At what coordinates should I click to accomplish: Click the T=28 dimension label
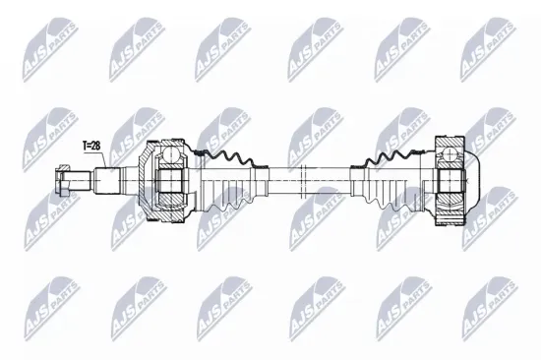coord(91,146)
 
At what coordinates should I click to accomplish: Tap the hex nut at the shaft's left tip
coord(62,183)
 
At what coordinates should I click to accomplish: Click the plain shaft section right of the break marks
coord(339,182)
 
